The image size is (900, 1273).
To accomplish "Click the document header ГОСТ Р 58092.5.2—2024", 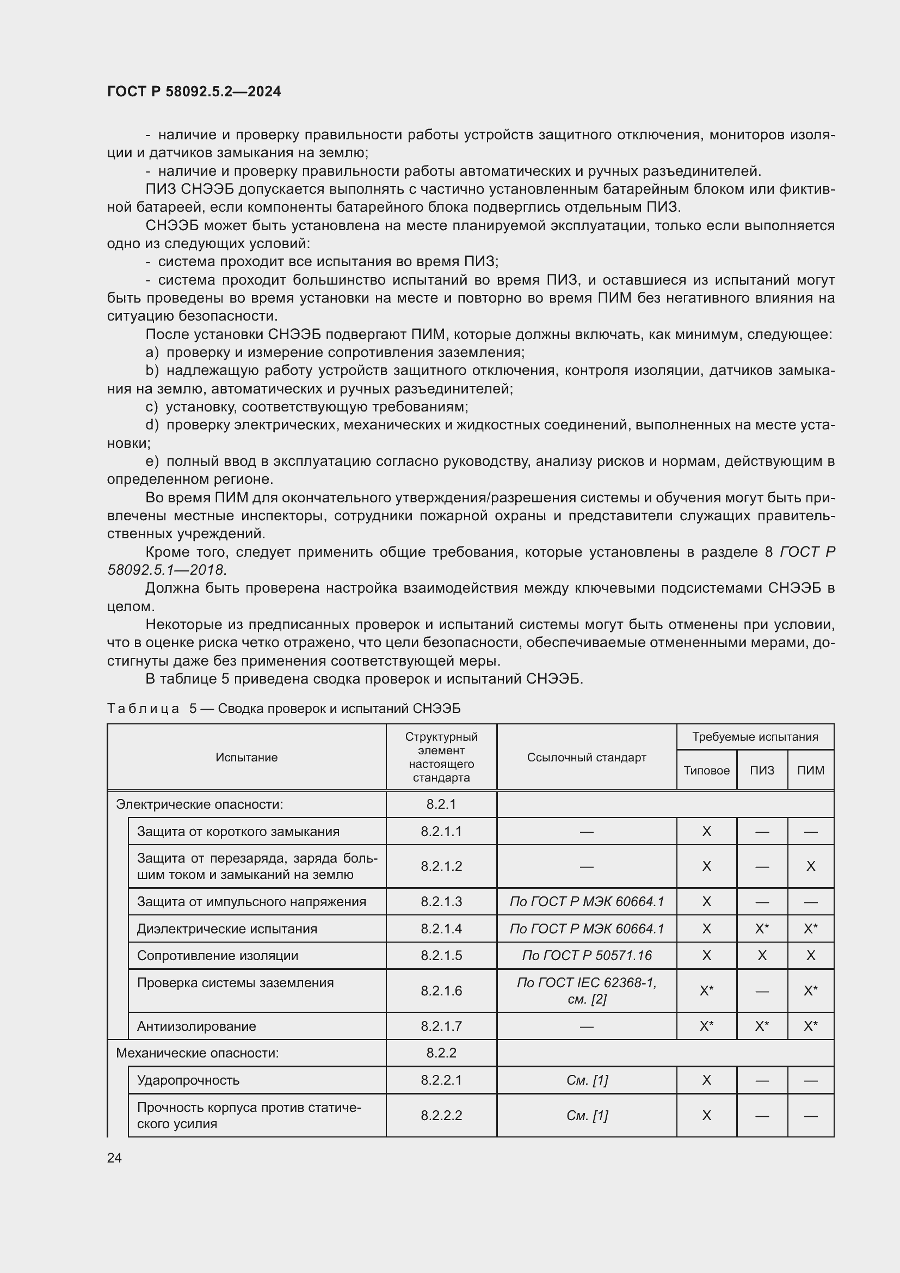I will coord(194,91).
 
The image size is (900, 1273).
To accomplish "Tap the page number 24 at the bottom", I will coord(114,1158).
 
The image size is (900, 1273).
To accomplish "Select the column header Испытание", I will coord(246,758).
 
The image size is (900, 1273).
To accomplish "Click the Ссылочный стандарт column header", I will coord(587,758).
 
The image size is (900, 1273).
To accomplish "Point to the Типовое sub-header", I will coord(706,770).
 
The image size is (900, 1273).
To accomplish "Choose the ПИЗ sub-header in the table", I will coord(761,770).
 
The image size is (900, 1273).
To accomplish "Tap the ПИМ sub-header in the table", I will coord(810,770).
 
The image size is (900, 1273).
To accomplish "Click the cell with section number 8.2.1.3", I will coord(441,901).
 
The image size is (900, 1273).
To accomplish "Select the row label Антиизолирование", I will coord(196,1026).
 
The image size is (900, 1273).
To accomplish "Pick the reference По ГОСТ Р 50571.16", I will coord(587,955).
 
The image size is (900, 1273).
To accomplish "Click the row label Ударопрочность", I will coord(188,1080).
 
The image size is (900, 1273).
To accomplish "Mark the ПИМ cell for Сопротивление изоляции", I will coord(810,955).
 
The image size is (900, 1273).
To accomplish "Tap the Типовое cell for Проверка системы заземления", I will coord(706,991).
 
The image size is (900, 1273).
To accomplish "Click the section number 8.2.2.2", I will coord(441,1116).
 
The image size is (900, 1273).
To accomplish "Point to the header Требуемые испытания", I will coord(755,737).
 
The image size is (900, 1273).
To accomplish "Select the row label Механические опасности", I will coord(198,1053).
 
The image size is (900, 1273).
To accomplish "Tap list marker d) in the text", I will coord(152,425).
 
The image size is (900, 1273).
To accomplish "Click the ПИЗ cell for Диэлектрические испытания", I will coord(761,928).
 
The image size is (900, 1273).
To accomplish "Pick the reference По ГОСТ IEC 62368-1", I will coord(587,983).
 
